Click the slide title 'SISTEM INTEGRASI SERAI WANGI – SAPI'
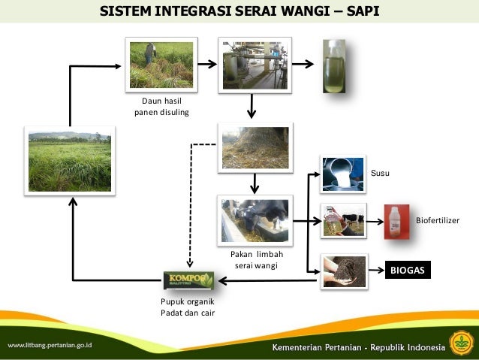click(239, 12)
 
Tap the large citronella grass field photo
click(69, 161)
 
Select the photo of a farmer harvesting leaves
click(161, 65)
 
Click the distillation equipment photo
click(254, 65)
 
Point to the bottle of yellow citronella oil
click(333, 65)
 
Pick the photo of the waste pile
click(255, 146)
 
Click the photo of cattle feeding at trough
click(255, 219)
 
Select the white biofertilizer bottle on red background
click(394, 222)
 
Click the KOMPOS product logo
click(189, 281)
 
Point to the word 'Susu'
click(381, 174)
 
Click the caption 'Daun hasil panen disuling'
click(161, 107)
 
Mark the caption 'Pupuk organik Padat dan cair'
click(187, 307)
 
